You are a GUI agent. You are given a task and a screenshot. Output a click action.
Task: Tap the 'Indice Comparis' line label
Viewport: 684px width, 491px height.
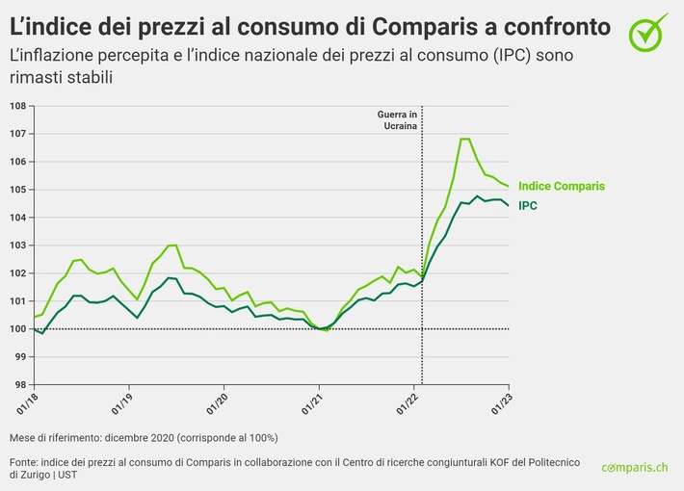pos(562,186)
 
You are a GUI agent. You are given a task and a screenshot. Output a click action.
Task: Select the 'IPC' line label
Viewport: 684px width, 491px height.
pos(528,205)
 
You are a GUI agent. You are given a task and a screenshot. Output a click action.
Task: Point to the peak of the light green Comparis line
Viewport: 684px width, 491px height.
pos(465,140)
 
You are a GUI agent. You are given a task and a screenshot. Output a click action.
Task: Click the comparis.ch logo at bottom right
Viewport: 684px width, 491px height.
pos(634,467)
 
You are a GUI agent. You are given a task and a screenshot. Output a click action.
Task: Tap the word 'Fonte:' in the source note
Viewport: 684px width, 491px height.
pos(24,461)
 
